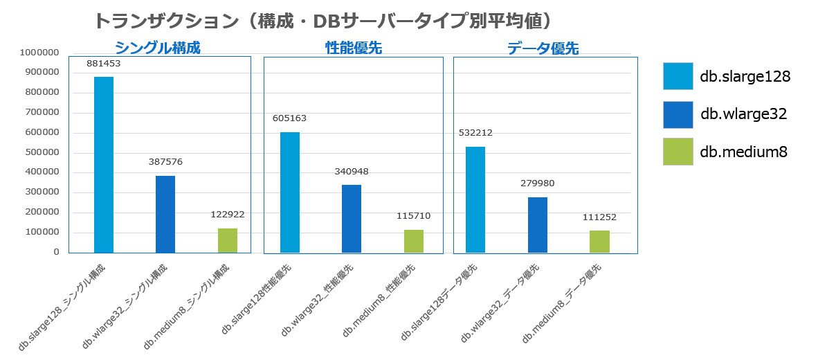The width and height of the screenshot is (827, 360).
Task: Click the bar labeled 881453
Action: click(x=104, y=165)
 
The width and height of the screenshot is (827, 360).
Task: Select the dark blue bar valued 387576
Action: click(x=165, y=215)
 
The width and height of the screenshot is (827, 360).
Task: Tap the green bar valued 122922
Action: click(x=228, y=241)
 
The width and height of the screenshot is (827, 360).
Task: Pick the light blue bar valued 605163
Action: click(x=290, y=192)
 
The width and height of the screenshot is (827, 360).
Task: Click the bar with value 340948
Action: click(x=352, y=219)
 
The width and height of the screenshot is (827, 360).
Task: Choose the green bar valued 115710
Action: click(x=414, y=242)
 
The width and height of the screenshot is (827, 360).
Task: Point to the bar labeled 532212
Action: click(x=475, y=200)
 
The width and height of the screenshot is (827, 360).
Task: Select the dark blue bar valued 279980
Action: click(x=538, y=225)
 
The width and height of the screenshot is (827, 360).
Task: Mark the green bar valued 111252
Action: click(x=599, y=242)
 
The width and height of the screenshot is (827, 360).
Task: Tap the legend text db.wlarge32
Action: click(x=744, y=114)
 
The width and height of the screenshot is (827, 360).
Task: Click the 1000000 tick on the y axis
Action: click(x=40, y=53)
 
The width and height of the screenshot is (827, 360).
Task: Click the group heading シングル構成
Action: click(x=157, y=48)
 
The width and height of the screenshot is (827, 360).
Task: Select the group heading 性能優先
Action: click(x=354, y=48)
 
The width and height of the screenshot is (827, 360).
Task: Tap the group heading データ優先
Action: click(x=543, y=48)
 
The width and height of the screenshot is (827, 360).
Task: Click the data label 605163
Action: click(x=289, y=118)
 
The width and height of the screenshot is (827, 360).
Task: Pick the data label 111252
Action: click(x=599, y=217)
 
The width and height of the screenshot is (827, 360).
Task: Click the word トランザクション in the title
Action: click(x=165, y=21)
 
